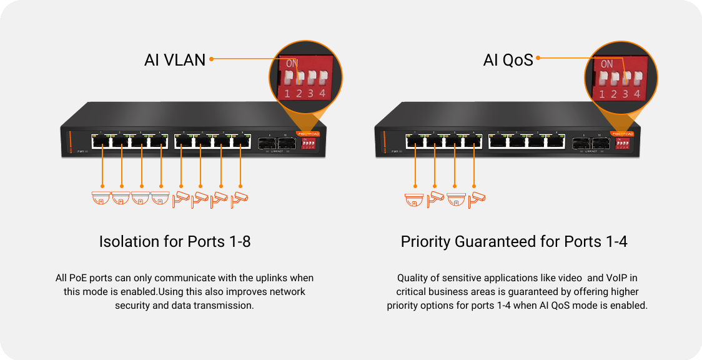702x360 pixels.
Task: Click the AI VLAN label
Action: [174, 60]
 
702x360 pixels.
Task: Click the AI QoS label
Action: [508, 60]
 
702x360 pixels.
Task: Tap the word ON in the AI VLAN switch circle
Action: [292, 63]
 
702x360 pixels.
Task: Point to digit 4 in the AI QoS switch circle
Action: [636, 94]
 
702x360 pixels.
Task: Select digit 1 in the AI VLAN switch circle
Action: [287, 94]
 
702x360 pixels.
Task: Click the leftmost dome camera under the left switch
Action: [100, 198]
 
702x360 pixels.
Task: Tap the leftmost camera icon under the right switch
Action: [414, 198]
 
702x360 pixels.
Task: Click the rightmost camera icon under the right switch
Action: [477, 198]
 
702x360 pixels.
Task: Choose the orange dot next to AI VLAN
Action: [212, 59]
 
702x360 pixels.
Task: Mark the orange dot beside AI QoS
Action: [538, 59]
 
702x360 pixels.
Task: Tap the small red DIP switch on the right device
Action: [622, 143]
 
